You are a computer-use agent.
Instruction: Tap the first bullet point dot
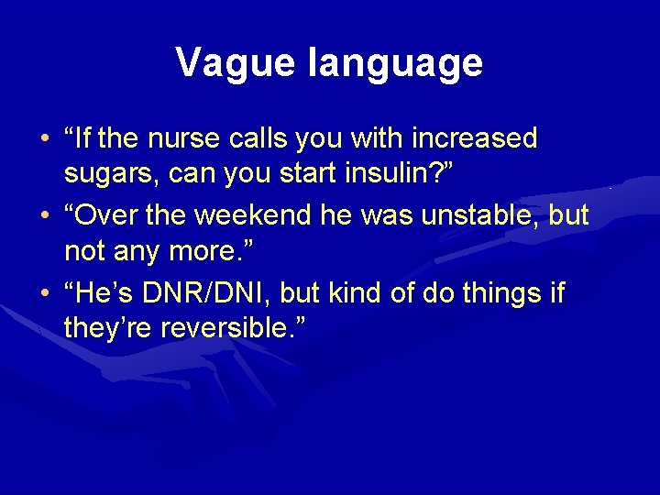46,139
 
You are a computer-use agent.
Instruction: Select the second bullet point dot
46,216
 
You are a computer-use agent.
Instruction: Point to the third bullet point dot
46,294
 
